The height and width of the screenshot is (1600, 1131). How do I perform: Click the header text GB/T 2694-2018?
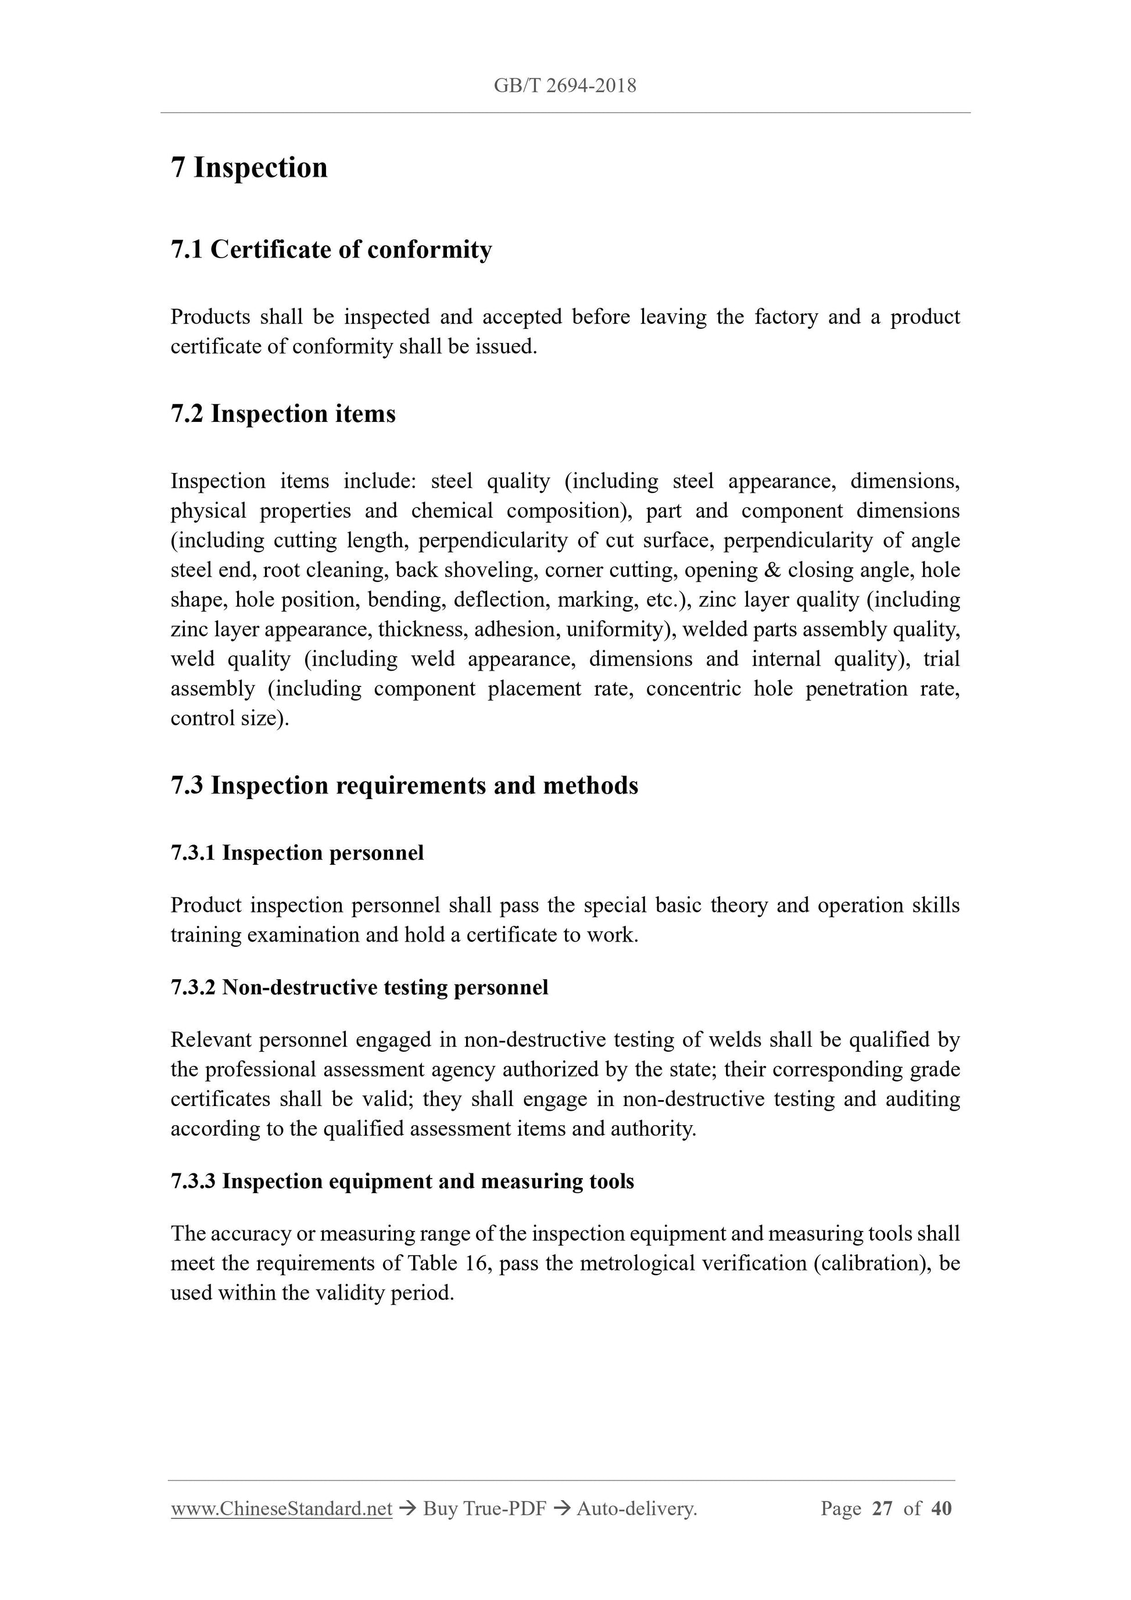(x=564, y=85)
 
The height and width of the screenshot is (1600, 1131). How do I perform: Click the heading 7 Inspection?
(x=249, y=168)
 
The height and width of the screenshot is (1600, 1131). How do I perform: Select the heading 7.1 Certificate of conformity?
(x=331, y=249)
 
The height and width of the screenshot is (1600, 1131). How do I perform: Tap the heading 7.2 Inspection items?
(x=283, y=414)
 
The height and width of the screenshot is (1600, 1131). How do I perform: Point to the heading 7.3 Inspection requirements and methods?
(x=404, y=785)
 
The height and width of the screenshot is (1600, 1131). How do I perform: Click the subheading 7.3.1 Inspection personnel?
(x=297, y=853)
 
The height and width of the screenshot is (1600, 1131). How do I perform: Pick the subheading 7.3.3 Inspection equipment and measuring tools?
(x=402, y=1181)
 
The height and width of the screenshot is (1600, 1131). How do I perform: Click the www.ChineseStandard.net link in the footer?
(x=281, y=1509)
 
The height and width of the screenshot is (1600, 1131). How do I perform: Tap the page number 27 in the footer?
(x=882, y=1509)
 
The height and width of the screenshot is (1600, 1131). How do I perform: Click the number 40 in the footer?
(x=941, y=1509)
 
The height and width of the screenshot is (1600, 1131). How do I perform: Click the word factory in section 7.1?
(x=785, y=317)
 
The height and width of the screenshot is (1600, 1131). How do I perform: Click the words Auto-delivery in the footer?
(x=636, y=1509)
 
